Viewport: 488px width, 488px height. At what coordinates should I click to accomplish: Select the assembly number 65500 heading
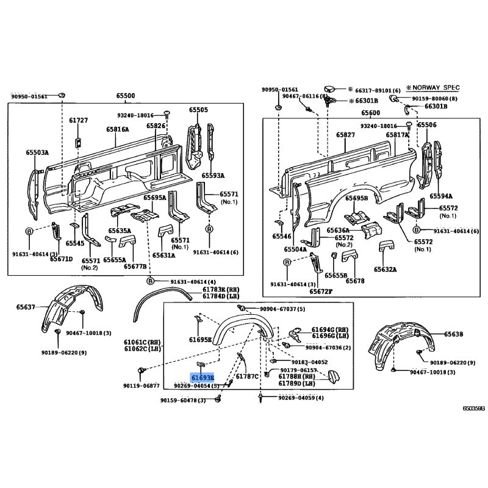126,96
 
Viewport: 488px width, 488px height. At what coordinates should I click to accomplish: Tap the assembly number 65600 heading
370,113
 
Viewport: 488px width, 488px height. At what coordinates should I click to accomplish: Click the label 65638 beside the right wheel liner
454,334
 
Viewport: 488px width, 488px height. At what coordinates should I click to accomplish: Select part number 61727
78,120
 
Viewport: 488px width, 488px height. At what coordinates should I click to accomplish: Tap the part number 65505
198,110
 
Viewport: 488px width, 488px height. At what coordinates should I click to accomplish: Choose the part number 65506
426,124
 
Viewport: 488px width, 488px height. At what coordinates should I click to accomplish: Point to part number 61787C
247,376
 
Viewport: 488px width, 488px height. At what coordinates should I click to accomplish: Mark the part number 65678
354,281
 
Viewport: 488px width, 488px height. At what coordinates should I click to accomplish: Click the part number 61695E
200,340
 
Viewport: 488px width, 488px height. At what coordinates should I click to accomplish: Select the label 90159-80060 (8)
434,98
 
